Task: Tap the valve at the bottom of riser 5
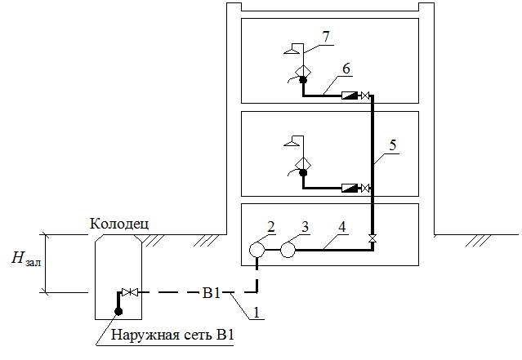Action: [373, 238]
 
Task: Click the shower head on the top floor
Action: [289, 51]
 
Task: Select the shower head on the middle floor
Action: [289, 144]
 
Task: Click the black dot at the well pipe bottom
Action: [118, 311]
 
